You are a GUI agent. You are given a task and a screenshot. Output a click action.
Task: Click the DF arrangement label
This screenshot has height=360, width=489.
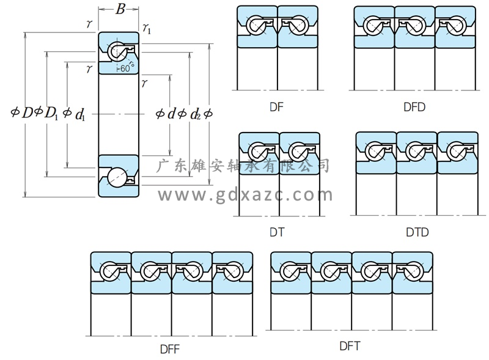point(277,107)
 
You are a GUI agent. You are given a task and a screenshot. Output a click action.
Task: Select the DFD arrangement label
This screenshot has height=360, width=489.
point(414,107)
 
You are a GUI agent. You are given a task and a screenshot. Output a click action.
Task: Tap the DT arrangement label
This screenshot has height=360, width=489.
point(277,232)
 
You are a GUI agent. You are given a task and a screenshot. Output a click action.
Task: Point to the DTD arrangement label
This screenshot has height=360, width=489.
point(417,232)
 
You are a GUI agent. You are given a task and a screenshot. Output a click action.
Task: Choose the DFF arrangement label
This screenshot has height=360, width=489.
point(169,349)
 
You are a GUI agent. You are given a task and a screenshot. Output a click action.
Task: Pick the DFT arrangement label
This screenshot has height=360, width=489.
point(350,347)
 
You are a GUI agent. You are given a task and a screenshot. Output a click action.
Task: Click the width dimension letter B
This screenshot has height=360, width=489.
point(120,9)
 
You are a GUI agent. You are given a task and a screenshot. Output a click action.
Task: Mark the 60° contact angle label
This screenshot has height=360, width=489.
point(124,68)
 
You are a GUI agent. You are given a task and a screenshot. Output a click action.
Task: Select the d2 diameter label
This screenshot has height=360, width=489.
point(195,114)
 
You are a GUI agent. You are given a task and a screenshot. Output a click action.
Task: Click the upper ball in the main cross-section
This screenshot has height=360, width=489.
point(116,52)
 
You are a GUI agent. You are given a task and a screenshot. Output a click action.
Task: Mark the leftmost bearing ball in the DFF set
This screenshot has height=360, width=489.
point(110,270)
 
